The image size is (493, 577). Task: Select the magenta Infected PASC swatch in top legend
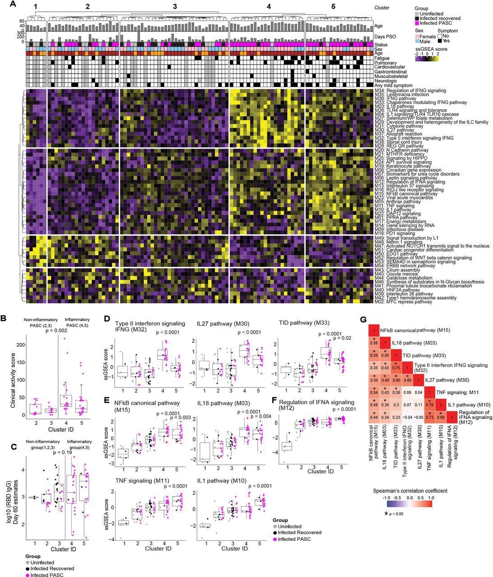coord(417,23)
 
